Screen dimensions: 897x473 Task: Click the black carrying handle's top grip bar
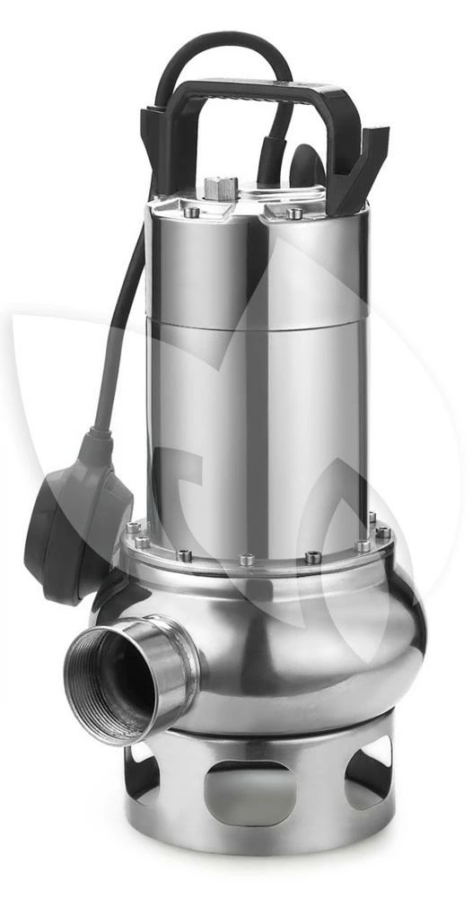pyautogui.click(x=260, y=90)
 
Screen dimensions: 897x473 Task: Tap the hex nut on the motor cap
pyautogui.click(x=220, y=188)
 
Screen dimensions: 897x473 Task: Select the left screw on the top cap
pyautogui.click(x=191, y=213)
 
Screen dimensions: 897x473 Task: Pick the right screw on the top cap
pyautogui.click(x=293, y=213)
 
